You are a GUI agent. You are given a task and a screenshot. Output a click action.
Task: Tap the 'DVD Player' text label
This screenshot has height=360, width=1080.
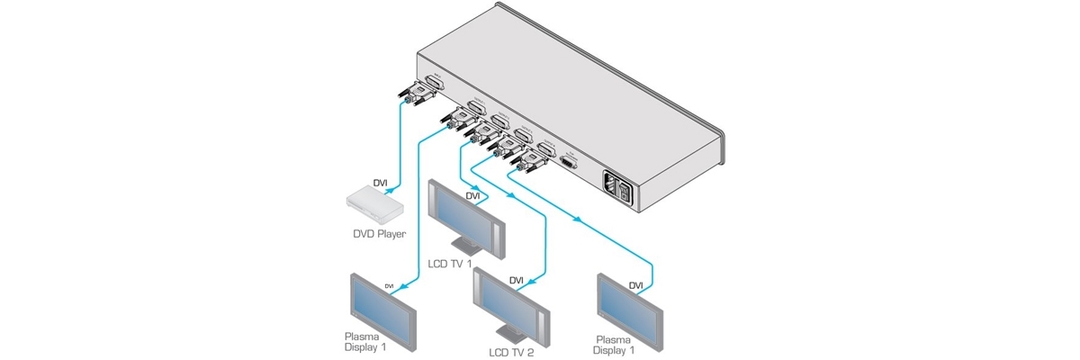[379, 235]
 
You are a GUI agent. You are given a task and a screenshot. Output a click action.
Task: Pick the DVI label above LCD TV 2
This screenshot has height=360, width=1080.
[516, 280]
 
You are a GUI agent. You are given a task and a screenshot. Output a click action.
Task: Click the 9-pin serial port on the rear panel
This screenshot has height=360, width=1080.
[568, 162]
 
